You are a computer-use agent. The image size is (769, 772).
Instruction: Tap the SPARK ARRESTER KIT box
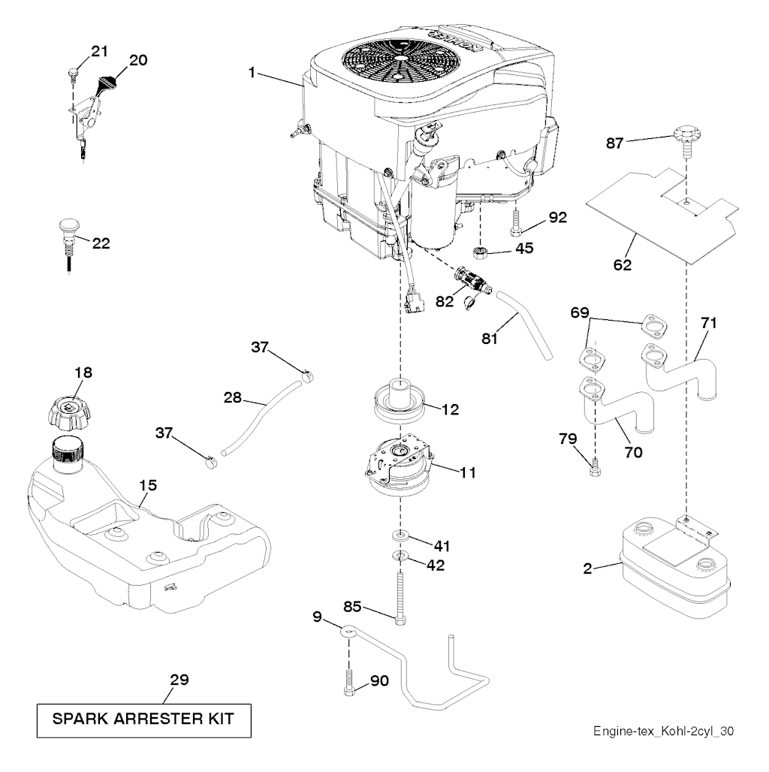tap(143, 720)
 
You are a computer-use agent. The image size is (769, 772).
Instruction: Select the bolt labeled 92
tap(516, 222)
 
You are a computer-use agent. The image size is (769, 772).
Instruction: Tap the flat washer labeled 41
tap(400, 535)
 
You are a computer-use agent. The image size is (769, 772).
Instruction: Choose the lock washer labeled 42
tap(400, 556)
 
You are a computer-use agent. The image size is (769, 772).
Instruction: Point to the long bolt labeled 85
tap(400, 596)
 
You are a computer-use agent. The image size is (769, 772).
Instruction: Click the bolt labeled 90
tap(349, 683)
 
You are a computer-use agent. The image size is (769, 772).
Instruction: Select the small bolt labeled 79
tap(595, 468)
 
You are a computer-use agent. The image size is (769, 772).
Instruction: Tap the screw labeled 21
tap(73, 74)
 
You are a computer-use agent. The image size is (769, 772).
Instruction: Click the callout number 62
tap(623, 265)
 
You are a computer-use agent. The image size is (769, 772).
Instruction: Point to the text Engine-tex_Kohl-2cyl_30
tap(663, 731)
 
